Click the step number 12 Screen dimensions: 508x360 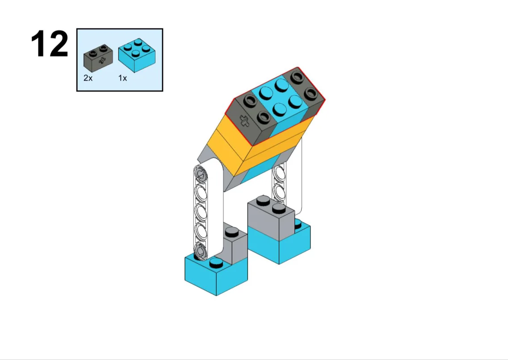click(x=50, y=44)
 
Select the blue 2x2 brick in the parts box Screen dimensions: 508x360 click(x=136, y=55)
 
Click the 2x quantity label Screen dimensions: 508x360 click(x=88, y=78)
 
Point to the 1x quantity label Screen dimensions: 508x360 click(x=122, y=78)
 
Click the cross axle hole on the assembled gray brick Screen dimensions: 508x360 click(x=244, y=121)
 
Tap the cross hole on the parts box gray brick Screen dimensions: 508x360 click(x=102, y=60)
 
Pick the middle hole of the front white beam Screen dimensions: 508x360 click(x=201, y=212)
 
